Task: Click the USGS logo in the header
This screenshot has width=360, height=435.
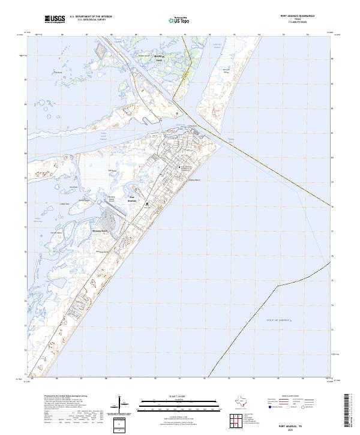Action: tap(55, 20)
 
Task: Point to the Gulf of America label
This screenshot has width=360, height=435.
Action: tap(278, 321)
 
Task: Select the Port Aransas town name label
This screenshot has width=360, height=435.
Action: tap(133, 200)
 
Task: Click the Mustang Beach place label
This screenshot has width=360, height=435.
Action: tap(100, 230)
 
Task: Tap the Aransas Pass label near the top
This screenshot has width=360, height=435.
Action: tap(158, 58)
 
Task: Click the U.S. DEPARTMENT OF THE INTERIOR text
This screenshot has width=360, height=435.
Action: tap(92, 17)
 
